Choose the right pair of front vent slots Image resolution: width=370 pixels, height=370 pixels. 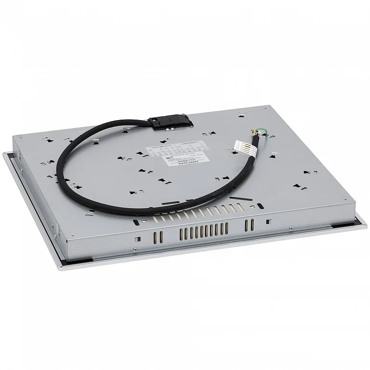pos(249,224)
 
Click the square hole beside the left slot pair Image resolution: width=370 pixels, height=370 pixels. pos(138,239)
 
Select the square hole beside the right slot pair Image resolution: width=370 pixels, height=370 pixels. pos(268,222)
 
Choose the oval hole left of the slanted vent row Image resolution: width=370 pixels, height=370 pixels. pos(137,222)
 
